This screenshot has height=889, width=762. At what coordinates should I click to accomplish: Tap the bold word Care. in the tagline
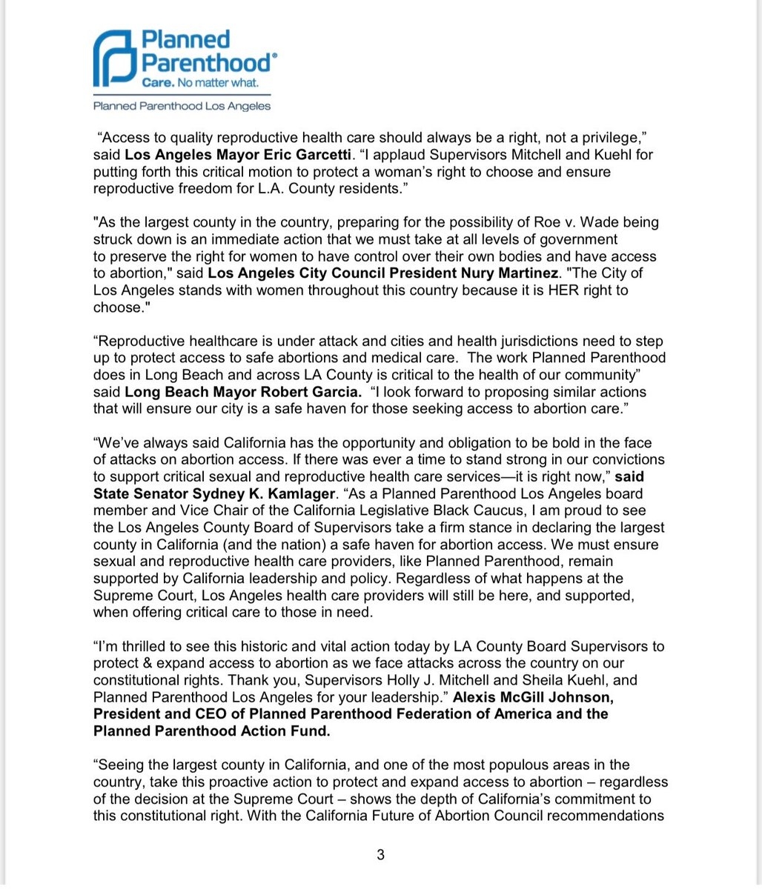pos(158,83)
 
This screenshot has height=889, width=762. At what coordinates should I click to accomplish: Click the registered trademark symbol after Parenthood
pos(275,56)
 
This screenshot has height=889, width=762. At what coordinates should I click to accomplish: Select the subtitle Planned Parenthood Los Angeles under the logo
pos(182,106)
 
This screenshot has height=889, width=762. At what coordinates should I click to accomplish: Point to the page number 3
pos(380,855)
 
